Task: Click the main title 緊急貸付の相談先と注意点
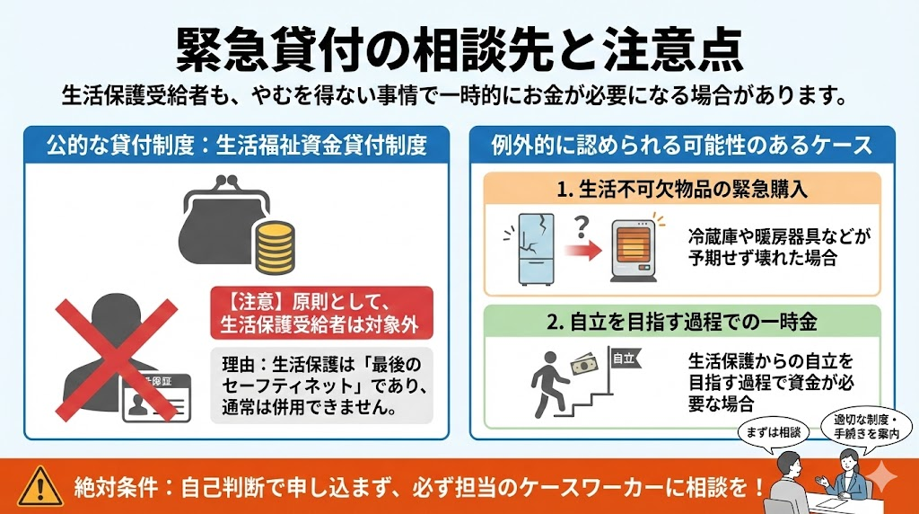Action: [x=460, y=49]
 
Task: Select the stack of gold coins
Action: [x=275, y=247]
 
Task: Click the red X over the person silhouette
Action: [x=116, y=359]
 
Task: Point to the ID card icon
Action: [x=156, y=398]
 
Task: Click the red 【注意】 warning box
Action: [x=322, y=313]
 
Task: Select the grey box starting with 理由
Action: [x=322, y=385]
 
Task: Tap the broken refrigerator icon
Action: [x=531, y=249]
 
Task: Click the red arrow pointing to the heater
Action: [x=583, y=251]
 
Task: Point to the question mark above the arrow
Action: [x=581, y=226]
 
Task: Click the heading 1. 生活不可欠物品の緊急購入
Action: [x=682, y=190]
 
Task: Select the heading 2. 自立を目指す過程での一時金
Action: [x=682, y=322]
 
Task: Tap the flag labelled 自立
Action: [x=626, y=359]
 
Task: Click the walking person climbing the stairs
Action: [x=548, y=384]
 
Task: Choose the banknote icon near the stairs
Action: [x=589, y=364]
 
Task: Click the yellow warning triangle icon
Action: [x=39, y=487]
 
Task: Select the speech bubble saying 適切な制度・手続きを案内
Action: [x=866, y=427]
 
